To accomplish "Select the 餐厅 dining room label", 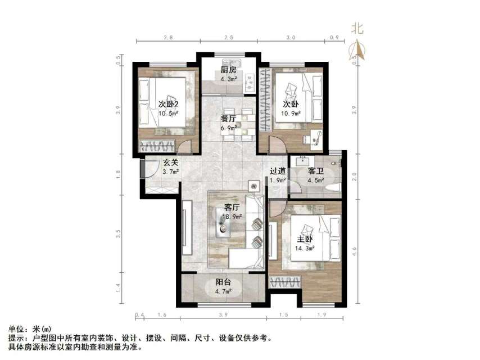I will tap(228, 119).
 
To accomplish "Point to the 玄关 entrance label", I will tap(171, 163).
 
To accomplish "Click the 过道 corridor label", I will tap(278, 171).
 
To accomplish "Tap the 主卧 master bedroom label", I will tap(305, 239).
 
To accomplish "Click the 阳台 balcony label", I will tap(224, 283).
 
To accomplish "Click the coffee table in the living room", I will tap(226, 224).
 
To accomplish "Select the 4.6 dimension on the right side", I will tap(354, 251).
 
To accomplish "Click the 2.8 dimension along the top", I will tap(168, 37).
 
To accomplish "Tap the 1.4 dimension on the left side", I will tap(118, 286).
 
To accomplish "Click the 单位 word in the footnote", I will tap(17, 329).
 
